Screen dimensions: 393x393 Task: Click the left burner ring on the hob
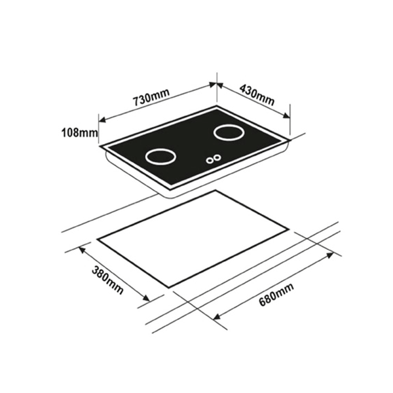click(160, 158)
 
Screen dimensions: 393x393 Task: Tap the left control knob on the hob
click(210, 159)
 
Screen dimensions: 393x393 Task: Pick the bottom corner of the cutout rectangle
click(169, 287)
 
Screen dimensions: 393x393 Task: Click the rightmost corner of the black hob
click(290, 138)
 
